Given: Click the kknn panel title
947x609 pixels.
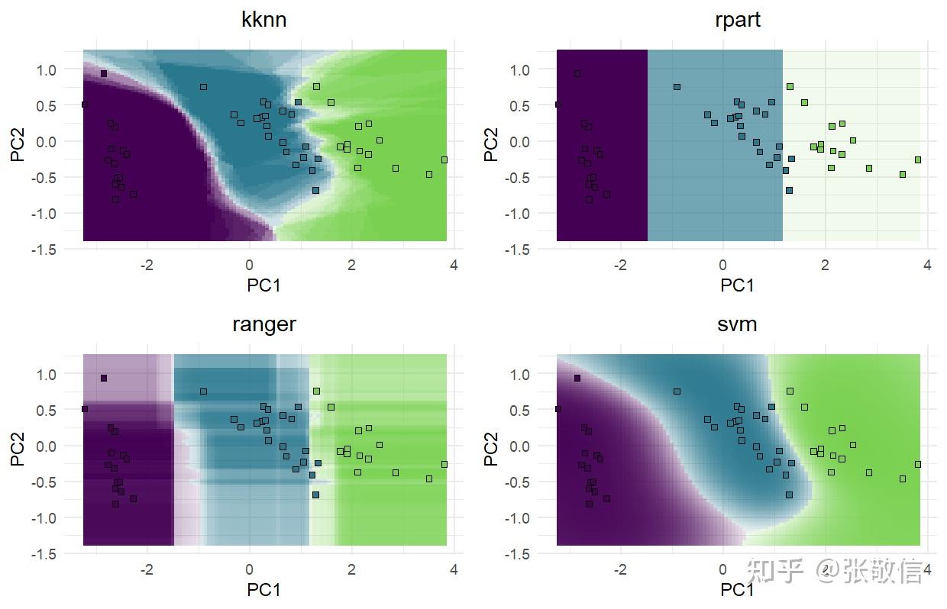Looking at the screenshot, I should point(263,20).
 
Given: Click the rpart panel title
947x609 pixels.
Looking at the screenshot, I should point(737,20).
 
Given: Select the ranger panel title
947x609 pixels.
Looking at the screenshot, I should point(263,324).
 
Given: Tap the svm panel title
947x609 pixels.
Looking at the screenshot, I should point(737,324).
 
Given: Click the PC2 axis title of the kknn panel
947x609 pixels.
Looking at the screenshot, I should point(18,144).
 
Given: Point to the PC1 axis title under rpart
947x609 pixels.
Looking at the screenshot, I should point(737,285).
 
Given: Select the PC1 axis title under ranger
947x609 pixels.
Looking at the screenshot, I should point(263,589).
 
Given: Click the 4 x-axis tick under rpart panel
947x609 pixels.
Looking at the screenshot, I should point(927,266).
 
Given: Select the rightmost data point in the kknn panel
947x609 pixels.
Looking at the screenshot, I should point(444,159).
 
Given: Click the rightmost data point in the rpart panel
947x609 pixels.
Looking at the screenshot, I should point(918,159).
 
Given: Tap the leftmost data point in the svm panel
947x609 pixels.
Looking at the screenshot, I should point(558,409).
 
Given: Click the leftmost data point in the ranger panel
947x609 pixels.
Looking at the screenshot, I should point(84,409).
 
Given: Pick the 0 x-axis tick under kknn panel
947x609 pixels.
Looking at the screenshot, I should point(249,266).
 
